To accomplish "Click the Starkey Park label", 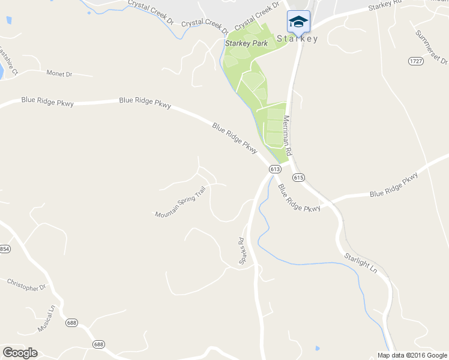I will [x=246, y=43].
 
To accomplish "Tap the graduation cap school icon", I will [x=298, y=22].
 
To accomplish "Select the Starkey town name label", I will [x=298, y=38].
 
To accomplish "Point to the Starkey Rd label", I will [x=384, y=6].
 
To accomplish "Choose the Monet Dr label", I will [x=59, y=73].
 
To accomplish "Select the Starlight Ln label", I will [x=360, y=263].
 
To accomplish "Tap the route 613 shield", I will [x=275, y=169].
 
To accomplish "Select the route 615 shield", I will [x=299, y=178].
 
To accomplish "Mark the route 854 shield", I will [x=5, y=249].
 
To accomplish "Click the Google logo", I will [x=20, y=353].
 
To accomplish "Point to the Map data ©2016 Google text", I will [x=412, y=355].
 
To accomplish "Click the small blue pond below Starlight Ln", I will [x=316, y=347].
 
